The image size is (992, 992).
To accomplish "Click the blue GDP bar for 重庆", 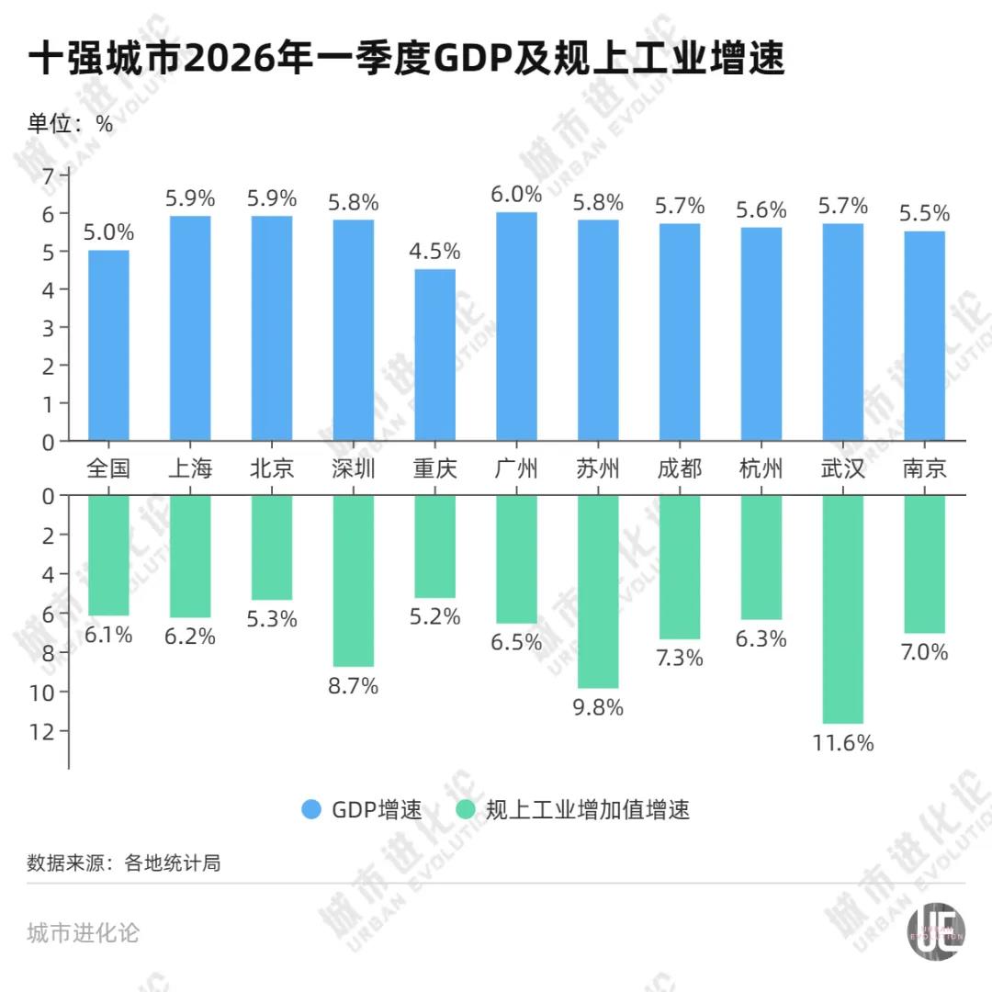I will click(x=434, y=355).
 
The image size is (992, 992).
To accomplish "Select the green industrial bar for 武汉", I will click(x=842, y=609).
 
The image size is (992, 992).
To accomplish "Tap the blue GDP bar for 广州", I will click(x=516, y=326).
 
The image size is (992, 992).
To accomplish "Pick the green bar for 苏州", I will click(x=598, y=592).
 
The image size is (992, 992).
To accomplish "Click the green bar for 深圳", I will click(x=354, y=581).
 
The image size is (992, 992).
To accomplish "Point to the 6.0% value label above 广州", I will click(x=516, y=194).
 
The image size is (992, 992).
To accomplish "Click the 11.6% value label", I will click(x=842, y=743).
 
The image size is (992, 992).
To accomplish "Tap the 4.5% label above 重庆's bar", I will click(x=434, y=251).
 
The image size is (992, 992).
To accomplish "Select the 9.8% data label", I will click(x=598, y=707).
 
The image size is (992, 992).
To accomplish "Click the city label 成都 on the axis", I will click(x=680, y=468).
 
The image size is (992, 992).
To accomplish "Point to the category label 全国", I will click(x=108, y=468).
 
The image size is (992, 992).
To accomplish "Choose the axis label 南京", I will click(x=924, y=468).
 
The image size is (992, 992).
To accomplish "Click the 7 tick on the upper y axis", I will click(x=50, y=175).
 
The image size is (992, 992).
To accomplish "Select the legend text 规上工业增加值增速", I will click(x=587, y=809).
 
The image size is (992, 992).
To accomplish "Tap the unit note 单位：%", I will click(x=70, y=124).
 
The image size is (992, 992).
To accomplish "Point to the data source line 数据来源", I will click(x=124, y=863).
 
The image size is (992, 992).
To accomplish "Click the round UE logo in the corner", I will click(x=936, y=936).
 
